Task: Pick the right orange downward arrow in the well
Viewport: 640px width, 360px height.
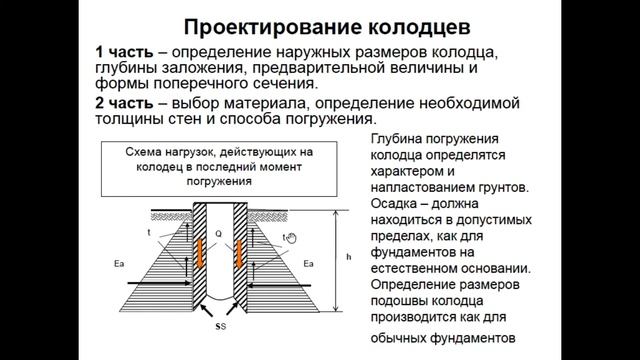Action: [x=241, y=253]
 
